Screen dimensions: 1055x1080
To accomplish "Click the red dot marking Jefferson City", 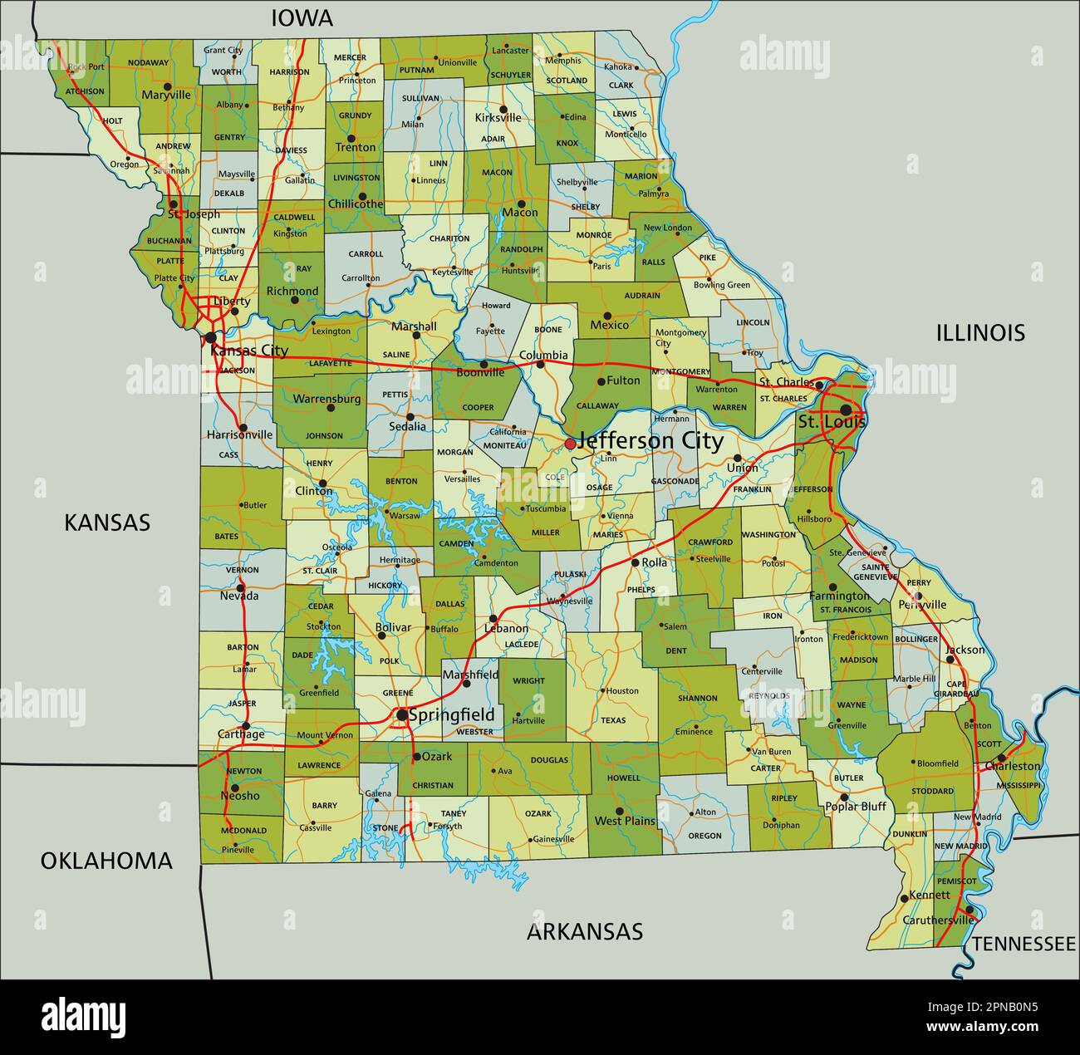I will pos(570,444).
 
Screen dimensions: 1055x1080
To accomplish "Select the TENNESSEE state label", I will pos(1024,944).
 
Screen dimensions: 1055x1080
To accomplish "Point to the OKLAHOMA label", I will pos(106,861).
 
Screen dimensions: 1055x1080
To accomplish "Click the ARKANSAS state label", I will pos(585,931).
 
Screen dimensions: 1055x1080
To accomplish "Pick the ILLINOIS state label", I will pos(980,333).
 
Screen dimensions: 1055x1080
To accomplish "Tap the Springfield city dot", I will pos(402,714).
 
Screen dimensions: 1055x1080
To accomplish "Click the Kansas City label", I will pos(249,351).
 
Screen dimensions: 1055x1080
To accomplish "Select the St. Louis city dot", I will pos(846,410).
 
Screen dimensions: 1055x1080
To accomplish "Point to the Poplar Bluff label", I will pos(856,806).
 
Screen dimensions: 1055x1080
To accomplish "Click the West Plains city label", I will pos(625,821).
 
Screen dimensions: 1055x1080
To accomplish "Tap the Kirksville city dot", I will pos(503,109).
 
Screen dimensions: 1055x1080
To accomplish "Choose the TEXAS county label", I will pos(613,720).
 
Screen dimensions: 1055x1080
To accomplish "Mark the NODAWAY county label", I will pos(149,62).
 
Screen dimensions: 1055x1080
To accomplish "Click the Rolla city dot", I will pos(635,563).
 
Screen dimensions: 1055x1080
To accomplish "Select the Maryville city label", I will pos(166,95).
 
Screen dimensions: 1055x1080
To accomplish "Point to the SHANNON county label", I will pos(697,699).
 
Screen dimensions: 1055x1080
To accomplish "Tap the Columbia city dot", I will pos(541,364).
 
